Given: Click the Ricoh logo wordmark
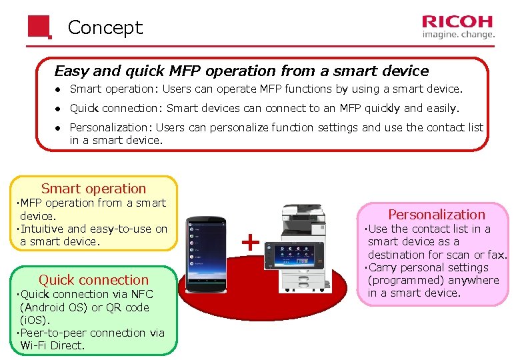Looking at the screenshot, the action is [x=458, y=21].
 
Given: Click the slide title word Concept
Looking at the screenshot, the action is [x=105, y=27].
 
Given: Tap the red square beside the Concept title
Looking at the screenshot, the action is [x=39, y=27].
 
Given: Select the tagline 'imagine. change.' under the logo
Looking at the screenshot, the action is [x=459, y=34].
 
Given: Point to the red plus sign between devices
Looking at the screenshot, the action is [x=250, y=242].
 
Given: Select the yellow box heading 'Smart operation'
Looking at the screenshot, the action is [x=93, y=189].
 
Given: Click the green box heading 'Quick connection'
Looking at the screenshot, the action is [x=93, y=280].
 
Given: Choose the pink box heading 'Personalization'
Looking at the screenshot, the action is [x=437, y=214].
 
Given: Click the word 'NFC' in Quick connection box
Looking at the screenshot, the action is [x=142, y=294].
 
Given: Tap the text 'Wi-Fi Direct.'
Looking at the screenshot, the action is [x=53, y=345].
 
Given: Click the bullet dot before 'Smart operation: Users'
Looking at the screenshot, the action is [x=59, y=89].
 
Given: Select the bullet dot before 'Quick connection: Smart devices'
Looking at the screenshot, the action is [x=59, y=109].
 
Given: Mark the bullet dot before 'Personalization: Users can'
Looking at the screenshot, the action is [x=59, y=127].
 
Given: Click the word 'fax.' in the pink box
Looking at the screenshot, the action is [x=497, y=255].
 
